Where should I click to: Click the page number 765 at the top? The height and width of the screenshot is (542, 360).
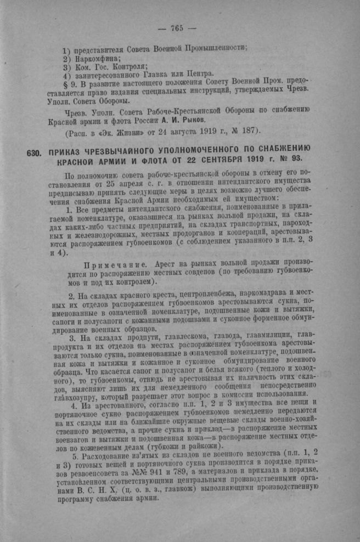pyautogui.click(x=176, y=29)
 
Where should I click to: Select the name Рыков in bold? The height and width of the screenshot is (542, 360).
pyautogui.click(x=194, y=119)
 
